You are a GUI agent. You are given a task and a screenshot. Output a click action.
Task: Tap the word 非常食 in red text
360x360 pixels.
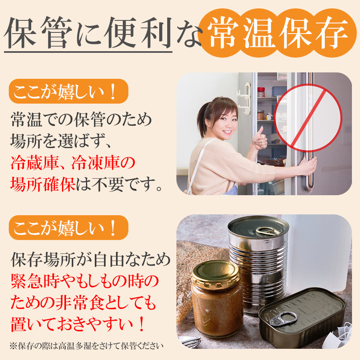tap(80, 303)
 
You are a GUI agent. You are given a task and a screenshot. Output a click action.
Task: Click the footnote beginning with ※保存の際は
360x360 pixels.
tap(86, 345)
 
